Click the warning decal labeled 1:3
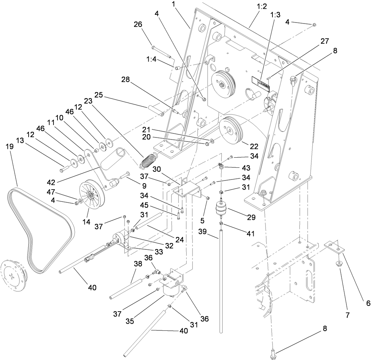pos(261,83)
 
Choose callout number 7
pos(347,315)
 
